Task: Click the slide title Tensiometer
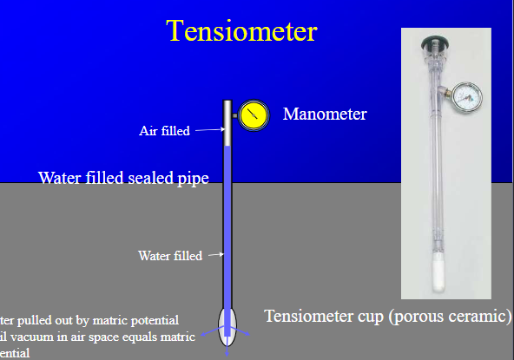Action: (242, 31)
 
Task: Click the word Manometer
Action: (325, 114)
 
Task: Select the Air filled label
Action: (164, 131)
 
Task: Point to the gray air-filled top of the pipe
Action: (227, 124)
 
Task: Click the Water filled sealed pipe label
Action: (123, 179)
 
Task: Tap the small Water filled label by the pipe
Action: (169, 256)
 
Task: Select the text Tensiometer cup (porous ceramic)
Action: (388, 315)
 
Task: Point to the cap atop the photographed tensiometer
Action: (433, 43)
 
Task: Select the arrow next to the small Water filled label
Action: (214, 255)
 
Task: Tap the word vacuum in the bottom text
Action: (42, 337)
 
